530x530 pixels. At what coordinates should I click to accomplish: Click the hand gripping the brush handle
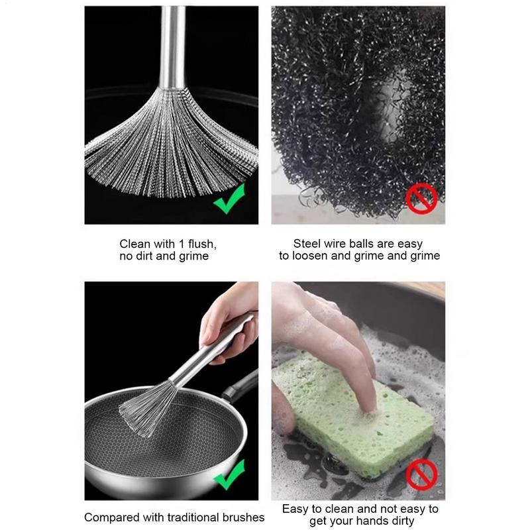(x=229, y=318)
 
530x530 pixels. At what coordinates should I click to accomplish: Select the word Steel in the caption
(x=308, y=244)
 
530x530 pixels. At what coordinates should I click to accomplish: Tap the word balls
(x=366, y=244)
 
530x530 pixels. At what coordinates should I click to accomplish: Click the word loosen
(x=313, y=256)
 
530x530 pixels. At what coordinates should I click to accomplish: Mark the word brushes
(x=242, y=517)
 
